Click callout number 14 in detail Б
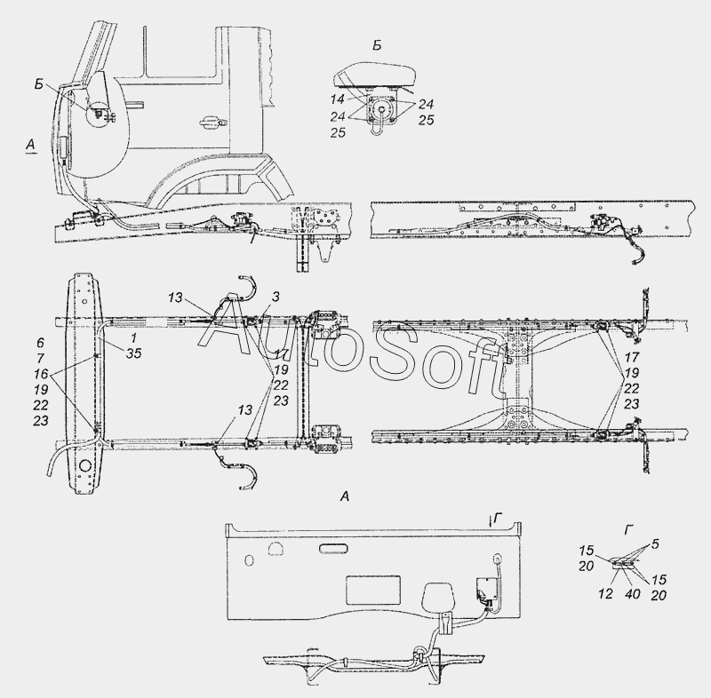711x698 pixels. [338, 99]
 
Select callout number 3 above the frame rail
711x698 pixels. [276, 297]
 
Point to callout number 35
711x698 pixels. [134, 353]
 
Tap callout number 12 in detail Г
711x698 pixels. [605, 593]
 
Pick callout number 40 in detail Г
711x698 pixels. [632, 593]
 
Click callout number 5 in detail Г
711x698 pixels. [655, 543]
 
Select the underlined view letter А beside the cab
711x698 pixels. [30, 145]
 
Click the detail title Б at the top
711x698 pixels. [377, 45]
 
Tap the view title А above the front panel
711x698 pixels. [345, 496]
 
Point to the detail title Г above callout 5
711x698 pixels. [628, 529]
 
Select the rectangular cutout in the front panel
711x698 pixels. [372, 590]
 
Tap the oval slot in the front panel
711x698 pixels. [334, 549]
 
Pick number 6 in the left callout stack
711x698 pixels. [40, 344]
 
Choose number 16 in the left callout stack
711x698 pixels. [40, 374]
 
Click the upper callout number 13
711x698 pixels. [175, 297]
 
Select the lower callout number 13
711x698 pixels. [244, 410]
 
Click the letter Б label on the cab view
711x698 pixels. [39, 83]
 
